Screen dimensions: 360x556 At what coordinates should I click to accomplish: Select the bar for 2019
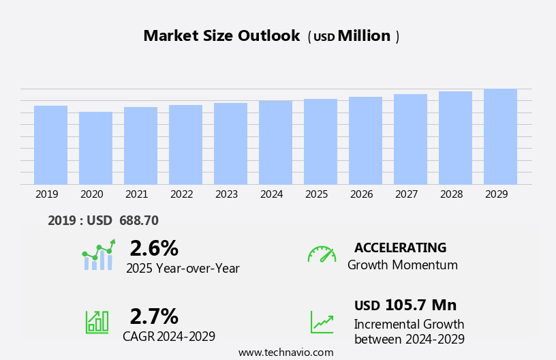[x=50, y=145]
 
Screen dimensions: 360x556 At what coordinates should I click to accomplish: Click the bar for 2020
[x=95, y=148]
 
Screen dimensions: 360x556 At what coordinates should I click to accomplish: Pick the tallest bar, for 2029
[x=500, y=136]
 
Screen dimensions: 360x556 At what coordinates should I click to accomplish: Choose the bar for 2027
[x=410, y=139]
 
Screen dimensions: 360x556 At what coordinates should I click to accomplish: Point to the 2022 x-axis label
[x=181, y=194]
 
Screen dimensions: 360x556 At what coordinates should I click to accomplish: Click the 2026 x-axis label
[x=361, y=194]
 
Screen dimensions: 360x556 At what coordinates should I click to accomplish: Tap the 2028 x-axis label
[x=451, y=194]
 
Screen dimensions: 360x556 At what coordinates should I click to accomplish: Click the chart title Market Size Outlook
[x=221, y=36]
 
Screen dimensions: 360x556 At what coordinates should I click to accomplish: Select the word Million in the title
[x=365, y=36]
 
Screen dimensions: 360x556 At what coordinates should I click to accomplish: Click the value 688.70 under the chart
[x=138, y=221]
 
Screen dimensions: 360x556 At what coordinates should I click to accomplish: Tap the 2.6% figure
[x=154, y=248]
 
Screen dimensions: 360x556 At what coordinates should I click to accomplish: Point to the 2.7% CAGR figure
[x=154, y=316]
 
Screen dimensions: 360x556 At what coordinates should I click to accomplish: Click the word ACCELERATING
[x=400, y=248]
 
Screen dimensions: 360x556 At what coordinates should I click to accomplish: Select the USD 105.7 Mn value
[x=405, y=305]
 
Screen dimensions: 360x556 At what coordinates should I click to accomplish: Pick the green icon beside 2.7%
[x=97, y=321]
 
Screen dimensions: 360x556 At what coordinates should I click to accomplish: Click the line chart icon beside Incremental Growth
[x=322, y=322]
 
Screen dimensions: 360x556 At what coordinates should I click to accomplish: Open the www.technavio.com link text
[x=285, y=352]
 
